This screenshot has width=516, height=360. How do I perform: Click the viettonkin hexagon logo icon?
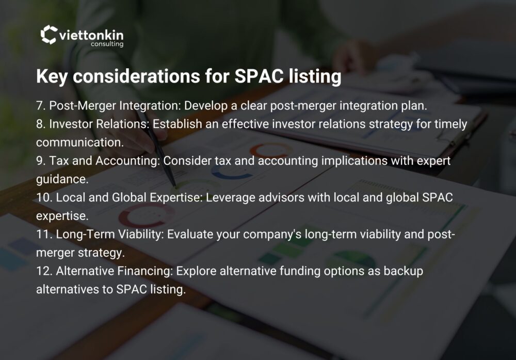click(x=49, y=34)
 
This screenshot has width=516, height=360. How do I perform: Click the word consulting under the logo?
click(x=107, y=44)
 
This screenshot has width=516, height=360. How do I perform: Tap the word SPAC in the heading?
click(x=259, y=76)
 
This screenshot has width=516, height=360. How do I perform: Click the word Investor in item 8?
click(x=71, y=124)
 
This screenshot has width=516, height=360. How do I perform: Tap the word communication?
click(x=80, y=143)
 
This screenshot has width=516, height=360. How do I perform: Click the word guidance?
click(x=62, y=180)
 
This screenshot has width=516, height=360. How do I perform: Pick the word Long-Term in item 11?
click(x=85, y=234)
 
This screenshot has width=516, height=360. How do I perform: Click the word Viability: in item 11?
click(x=141, y=234)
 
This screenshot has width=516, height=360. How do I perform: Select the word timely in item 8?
click(x=450, y=124)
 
